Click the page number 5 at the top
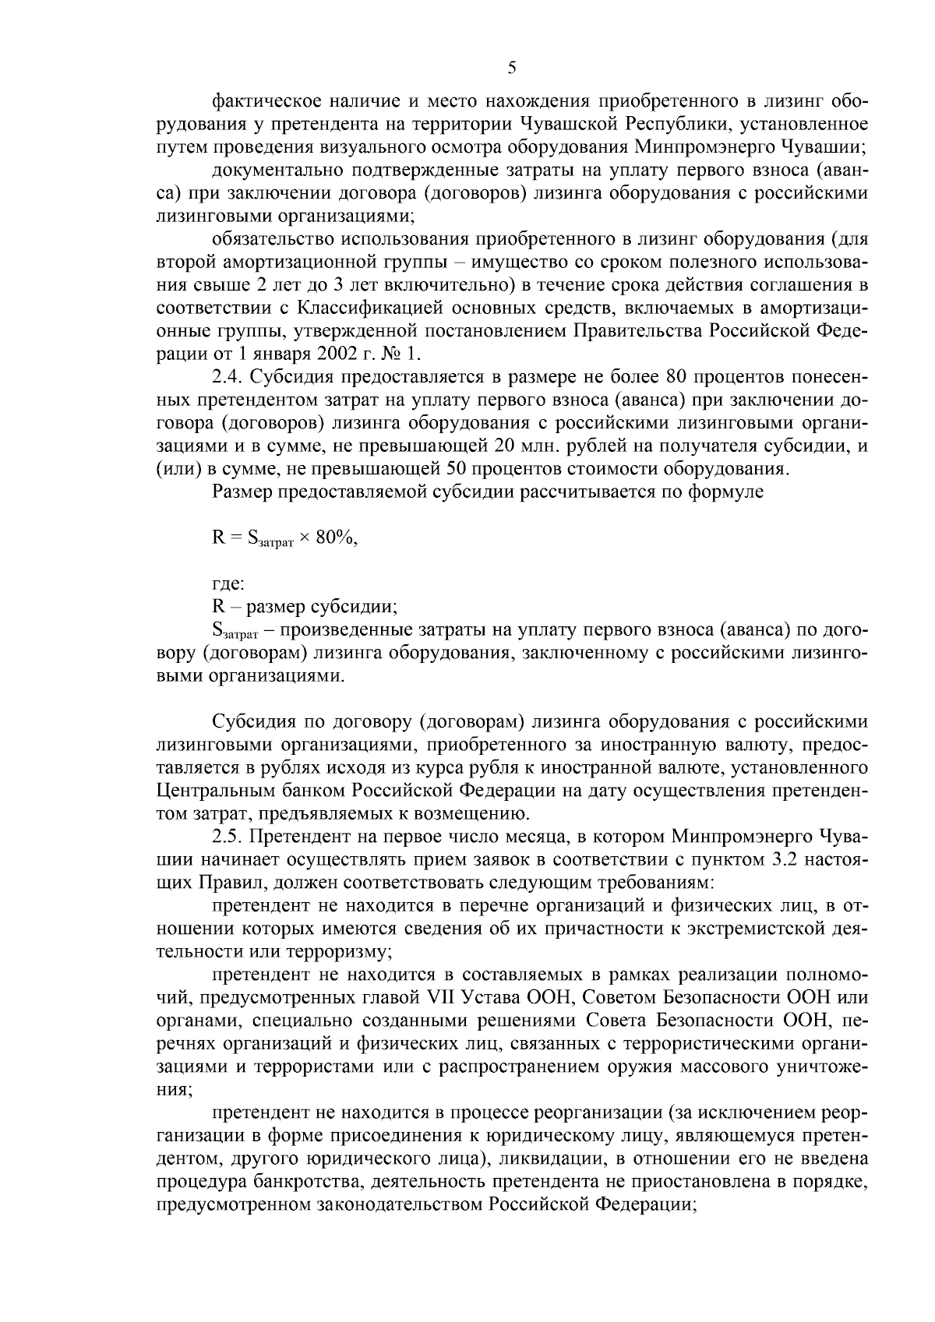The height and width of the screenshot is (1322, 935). (512, 68)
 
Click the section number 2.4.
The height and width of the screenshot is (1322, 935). (227, 377)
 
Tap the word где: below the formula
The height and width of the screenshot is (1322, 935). (228, 582)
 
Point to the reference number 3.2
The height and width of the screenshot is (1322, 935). (782, 860)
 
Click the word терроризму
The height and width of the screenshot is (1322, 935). (335, 952)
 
